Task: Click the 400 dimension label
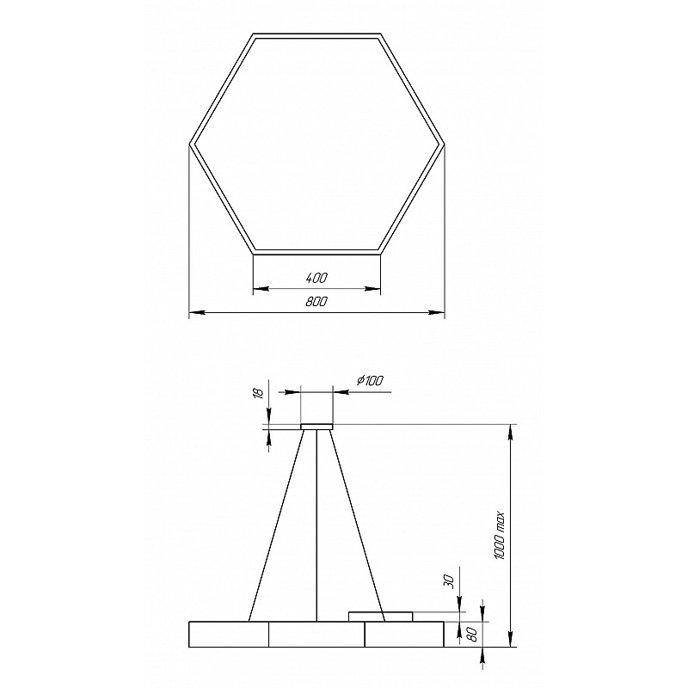coord(316,278)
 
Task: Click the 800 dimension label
coord(316,302)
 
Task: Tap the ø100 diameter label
coord(370,380)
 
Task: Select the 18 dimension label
coord(259,393)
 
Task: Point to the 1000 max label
coord(500,536)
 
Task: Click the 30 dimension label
coord(447,581)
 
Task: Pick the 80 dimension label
coord(472,635)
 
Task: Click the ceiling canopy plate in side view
coord(316,427)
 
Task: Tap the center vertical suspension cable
coord(316,525)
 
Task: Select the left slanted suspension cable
coord(277,525)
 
